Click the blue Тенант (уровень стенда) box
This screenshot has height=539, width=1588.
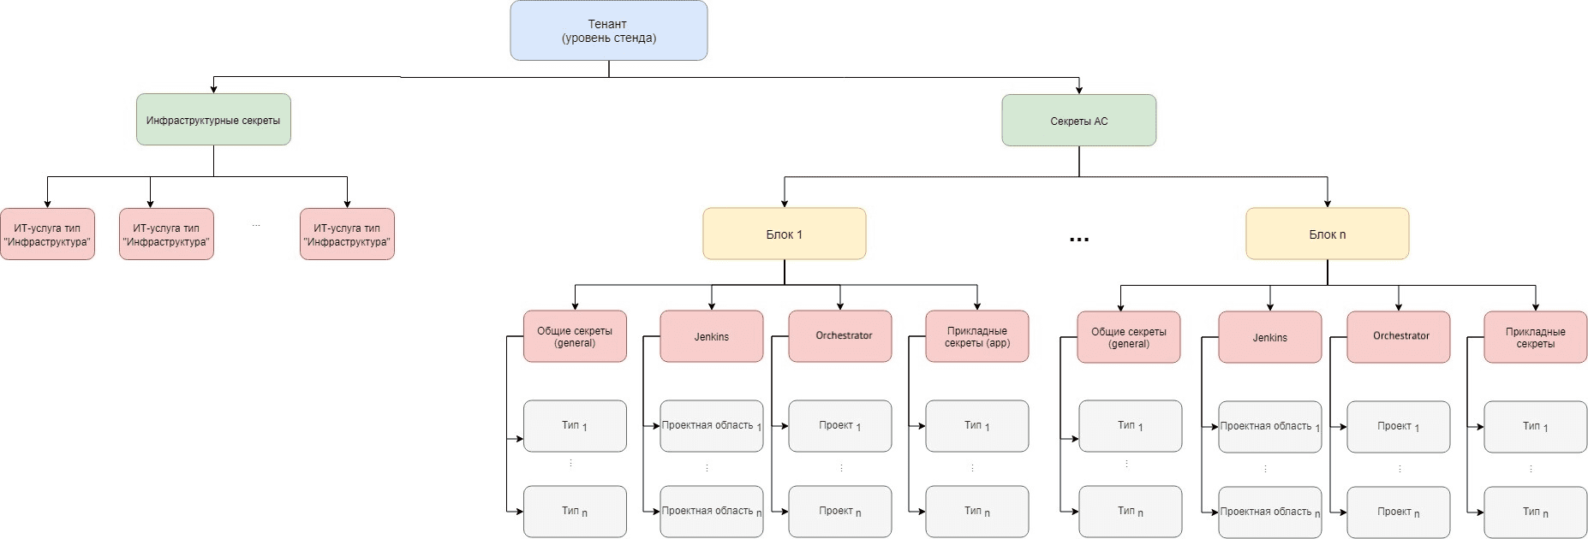(608, 31)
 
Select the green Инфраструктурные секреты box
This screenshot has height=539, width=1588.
(213, 120)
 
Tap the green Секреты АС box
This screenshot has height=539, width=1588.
(1078, 121)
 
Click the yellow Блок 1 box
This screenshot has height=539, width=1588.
(784, 234)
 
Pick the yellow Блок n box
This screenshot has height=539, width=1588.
(1327, 234)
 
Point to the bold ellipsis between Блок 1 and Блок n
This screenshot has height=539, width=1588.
(1079, 240)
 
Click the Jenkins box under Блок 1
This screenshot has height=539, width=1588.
(711, 336)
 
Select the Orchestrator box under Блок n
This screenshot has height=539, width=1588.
(1398, 336)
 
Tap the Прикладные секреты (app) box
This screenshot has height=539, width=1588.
(976, 336)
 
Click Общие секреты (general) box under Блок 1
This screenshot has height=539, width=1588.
(575, 336)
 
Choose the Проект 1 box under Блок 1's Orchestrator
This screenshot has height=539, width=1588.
(839, 425)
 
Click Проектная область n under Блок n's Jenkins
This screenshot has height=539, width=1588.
(1269, 512)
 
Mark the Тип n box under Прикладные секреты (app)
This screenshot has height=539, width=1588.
(976, 511)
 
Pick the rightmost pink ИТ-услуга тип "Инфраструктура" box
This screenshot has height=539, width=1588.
(347, 234)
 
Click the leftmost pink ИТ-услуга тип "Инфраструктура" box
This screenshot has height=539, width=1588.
(47, 234)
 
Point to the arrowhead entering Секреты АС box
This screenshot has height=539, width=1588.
(1078, 90)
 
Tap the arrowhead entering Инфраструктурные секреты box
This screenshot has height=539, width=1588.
(213, 89)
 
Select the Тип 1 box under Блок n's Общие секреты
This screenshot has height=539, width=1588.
(1130, 425)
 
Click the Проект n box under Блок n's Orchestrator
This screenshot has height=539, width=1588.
(1398, 512)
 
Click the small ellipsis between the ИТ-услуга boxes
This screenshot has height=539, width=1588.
(256, 226)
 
